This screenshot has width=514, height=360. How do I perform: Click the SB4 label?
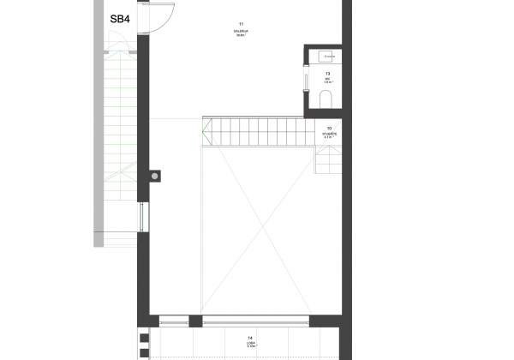click(x=120, y=18)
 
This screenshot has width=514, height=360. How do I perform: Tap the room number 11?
click(x=242, y=23)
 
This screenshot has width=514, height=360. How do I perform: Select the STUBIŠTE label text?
click(x=329, y=134)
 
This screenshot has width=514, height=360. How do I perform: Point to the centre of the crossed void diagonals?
click(x=254, y=230)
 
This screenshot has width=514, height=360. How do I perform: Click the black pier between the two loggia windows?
click(x=194, y=321)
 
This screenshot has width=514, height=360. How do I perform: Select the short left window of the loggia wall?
click(x=173, y=321)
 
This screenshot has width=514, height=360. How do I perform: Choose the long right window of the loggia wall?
click(x=254, y=321)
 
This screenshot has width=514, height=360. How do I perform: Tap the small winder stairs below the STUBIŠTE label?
click(x=328, y=159)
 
